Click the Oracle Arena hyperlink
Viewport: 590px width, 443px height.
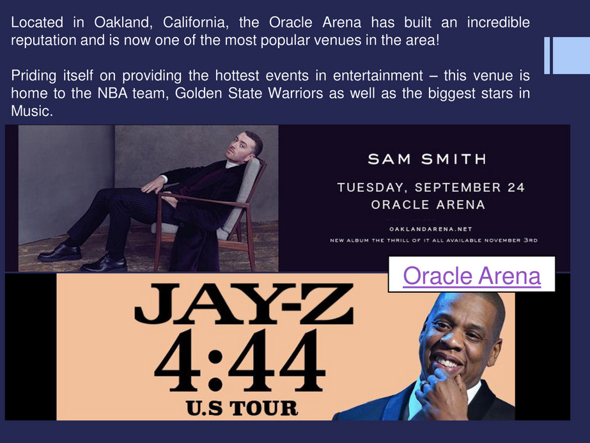[472, 276]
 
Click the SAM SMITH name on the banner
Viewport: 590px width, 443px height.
[428, 159]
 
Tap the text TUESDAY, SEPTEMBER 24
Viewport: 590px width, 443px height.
[431, 187]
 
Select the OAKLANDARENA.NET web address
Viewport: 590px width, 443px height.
[431, 229]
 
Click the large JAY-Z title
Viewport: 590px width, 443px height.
[244, 304]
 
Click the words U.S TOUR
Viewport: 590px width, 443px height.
[242, 408]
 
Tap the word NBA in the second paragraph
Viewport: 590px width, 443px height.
[113, 93]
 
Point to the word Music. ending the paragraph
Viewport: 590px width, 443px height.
[32, 111]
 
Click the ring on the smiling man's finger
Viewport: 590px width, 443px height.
[424, 385]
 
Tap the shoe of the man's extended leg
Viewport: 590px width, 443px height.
[59, 253]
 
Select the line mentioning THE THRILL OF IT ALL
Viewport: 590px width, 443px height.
[433, 240]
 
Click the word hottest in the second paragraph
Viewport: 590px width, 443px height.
[237, 75]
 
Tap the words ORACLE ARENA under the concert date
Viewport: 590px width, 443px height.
[428, 205]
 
